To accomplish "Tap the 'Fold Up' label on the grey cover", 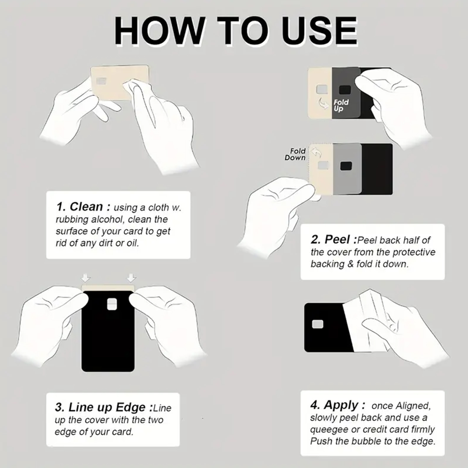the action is tap(341, 105).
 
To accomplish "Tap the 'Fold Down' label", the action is tap(295, 154).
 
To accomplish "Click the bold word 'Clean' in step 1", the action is tap(86, 207).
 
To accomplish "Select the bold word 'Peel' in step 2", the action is tap(337, 240).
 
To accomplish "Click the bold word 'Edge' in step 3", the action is tap(131, 407).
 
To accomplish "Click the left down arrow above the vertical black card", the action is tap(86, 278).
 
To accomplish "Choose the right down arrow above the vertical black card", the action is tap(131, 278).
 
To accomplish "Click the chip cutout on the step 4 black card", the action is tap(318, 324).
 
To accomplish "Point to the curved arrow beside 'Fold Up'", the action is tap(324, 103).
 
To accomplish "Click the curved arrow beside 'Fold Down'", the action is tap(316, 152).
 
